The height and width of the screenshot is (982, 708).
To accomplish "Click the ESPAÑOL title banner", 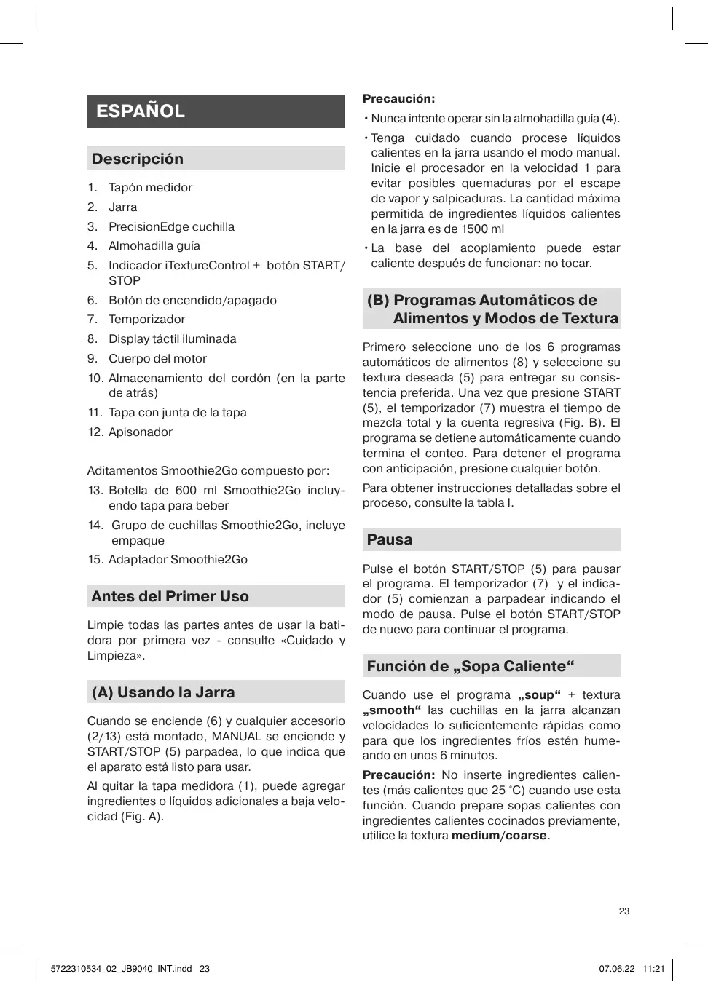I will point(216,111).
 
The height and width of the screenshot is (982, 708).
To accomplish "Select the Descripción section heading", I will point(138,159).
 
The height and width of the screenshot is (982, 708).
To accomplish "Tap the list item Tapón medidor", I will point(150,187).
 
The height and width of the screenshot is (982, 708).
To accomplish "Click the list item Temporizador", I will point(146,319).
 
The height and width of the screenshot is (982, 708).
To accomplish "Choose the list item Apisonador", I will point(140,432).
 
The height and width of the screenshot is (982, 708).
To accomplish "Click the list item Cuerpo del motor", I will point(157,358).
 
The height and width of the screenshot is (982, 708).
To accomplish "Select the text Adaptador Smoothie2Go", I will point(178,559).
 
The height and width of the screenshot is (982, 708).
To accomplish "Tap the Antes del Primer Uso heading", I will point(170,596).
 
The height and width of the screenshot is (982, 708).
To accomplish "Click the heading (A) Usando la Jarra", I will point(163,692).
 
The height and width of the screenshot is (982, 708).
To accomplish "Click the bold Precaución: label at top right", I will point(398,99).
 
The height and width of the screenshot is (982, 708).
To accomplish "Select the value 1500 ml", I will point(482,229).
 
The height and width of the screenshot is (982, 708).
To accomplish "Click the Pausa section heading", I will point(390,539).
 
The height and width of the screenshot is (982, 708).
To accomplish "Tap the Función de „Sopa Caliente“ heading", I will point(471,666).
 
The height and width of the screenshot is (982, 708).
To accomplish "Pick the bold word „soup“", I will point(539,695).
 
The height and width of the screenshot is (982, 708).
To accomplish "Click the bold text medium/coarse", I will point(499,836).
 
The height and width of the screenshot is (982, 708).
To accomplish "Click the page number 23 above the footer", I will point(624,911).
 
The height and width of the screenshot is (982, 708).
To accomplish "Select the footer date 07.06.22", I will point(617,969).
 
